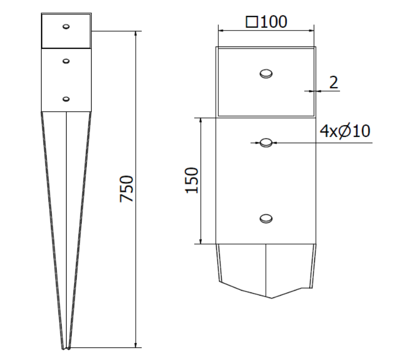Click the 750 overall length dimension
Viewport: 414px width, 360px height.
[127, 188]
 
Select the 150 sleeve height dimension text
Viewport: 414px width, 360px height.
[192, 180]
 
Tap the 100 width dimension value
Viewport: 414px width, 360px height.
[274, 21]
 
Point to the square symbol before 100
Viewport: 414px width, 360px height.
[252, 22]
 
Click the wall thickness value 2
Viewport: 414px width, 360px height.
[334, 82]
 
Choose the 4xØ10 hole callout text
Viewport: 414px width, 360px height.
[345, 131]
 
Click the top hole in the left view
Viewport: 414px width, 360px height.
[66, 26]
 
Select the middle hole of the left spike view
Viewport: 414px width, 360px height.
[66, 61]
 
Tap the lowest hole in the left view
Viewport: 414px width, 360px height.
[66, 99]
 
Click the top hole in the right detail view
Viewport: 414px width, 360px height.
[266, 73]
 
